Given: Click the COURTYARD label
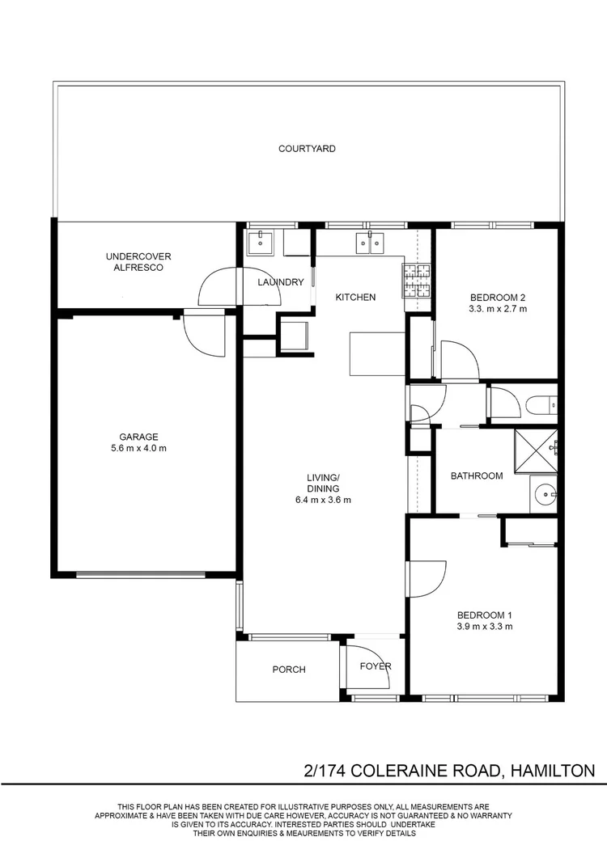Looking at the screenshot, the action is pos(307,148).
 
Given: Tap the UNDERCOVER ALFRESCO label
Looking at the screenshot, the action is pos(138,261).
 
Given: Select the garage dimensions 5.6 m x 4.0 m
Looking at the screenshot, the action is pos(138,448).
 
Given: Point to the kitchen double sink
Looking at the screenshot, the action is pos(370,242).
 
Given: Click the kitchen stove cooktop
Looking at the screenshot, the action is pos(418,281).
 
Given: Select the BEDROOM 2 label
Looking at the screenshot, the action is pos(498,298).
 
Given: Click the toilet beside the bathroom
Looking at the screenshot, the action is pos(541,405).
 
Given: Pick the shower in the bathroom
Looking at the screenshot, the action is pos(536,451).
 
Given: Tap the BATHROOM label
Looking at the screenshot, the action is pos(477,476).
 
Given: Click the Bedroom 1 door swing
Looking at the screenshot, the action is pos(428,579).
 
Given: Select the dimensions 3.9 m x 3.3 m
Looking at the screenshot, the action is pos(485,627).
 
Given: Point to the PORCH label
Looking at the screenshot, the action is pos(289,670).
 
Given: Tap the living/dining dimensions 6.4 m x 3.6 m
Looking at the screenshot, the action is pos(323,500).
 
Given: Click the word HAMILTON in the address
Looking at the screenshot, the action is pos(553,771).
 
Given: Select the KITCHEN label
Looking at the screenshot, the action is pos(355,297).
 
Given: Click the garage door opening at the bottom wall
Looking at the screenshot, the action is pos(141,574).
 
